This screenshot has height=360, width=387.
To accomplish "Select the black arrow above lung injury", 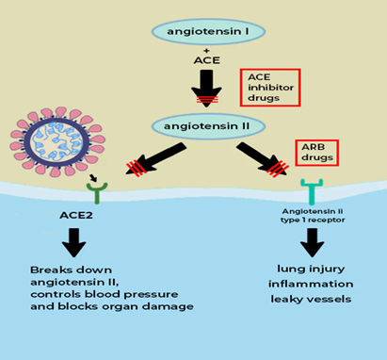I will (x=311, y=248).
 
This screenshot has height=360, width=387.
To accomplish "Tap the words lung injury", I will (x=310, y=268).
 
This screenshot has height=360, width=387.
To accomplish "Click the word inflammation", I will (x=310, y=284).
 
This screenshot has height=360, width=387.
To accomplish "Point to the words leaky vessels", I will (x=310, y=300).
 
